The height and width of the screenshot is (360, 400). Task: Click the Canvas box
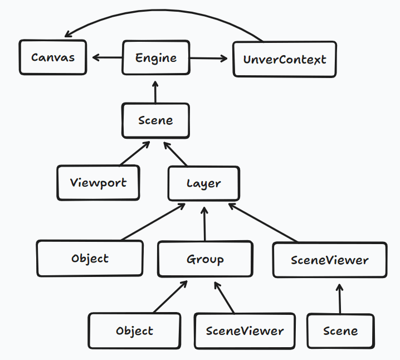[x=53, y=57]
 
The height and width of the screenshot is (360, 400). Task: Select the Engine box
[x=156, y=57]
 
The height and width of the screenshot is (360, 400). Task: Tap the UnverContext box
[x=284, y=59]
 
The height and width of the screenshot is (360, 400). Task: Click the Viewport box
[x=98, y=183]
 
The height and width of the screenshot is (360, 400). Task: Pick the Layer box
[x=204, y=183]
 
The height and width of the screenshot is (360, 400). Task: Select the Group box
[x=205, y=259]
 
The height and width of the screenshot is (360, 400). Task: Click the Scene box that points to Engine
[x=155, y=120]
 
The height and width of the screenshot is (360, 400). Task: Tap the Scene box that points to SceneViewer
[x=340, y=331]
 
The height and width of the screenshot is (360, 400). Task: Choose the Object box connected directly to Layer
[x=90, y=259]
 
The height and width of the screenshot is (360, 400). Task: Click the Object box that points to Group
[x=134, y=331]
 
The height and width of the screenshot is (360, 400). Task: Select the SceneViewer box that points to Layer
[x=330, y=260]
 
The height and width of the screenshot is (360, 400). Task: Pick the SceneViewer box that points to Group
[x=245, y=331]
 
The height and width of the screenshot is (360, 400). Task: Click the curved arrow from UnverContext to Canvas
[x=162, y=12]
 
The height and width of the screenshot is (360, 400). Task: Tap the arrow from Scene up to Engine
[x=155, y=91]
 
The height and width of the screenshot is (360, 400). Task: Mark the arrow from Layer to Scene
[x=175, y=154]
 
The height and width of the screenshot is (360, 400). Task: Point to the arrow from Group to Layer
[x=205, y=226]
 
